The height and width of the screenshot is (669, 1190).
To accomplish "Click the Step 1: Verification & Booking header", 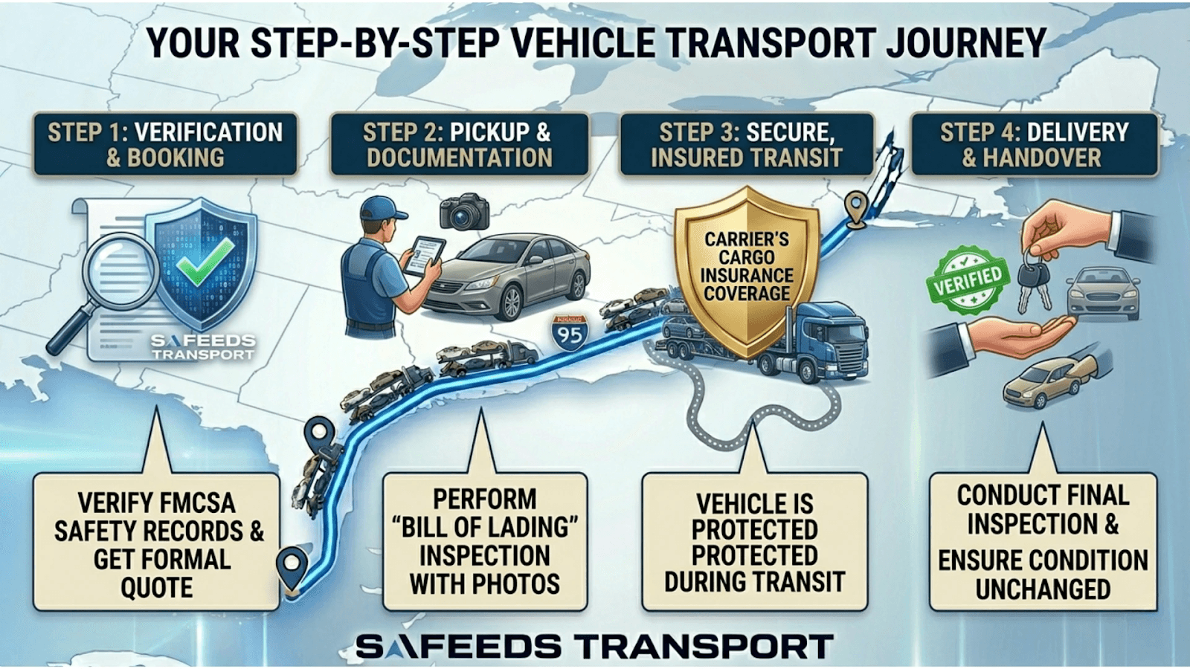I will click(165, 144).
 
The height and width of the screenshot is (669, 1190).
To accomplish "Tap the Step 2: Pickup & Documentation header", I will click(459, 144).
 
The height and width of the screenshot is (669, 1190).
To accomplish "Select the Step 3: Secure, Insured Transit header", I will click(746, 144).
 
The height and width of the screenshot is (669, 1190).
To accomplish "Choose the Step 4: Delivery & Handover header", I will click(1034, 144).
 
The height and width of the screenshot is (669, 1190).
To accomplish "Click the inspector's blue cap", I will click(381, 209).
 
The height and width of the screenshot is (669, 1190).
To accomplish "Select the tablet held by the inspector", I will click(422, 256).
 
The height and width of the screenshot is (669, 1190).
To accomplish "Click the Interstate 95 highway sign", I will click(570, 333).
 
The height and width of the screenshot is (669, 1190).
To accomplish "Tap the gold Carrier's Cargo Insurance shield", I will click(747, 268).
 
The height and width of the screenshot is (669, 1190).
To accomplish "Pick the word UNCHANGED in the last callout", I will click(1043, 589).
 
